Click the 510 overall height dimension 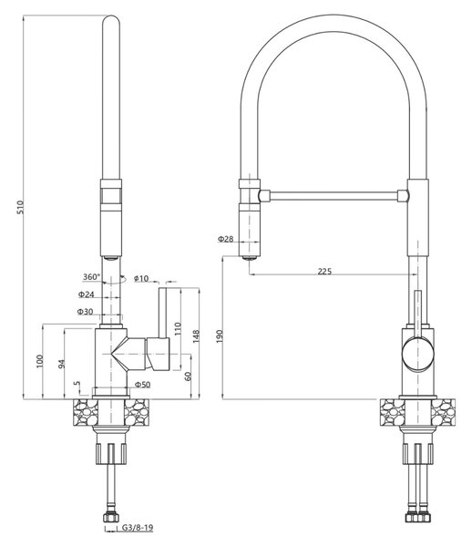[x=20, y=207]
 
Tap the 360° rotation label [x=91, y=277]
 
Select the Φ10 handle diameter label [x=141, y=278]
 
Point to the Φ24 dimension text [x=86, y=294]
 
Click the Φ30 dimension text [x=86, y=312]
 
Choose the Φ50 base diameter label [x=142, y=385]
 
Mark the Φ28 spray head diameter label [x=226, y=239]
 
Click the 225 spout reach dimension [x=324, y=271]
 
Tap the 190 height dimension [x=220, y=336]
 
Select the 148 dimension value [x=196, y=336]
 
